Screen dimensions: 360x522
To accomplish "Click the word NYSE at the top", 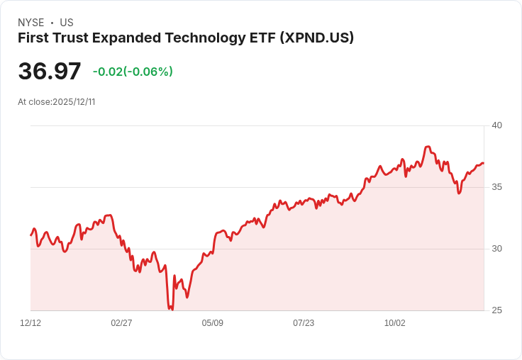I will (x=30, y=23).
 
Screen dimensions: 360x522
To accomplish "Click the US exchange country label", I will (x=67, y=23).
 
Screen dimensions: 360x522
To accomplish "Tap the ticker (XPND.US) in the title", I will (x=315, y=38).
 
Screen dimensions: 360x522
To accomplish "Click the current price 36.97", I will (x=50, y=72).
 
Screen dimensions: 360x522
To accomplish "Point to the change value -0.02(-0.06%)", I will (x=133, y=72).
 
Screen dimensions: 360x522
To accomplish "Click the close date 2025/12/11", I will (x=74, y=102).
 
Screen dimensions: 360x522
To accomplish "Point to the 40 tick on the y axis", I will (x=496, y=125).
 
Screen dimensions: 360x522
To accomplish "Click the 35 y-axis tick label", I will (x=496, y=187).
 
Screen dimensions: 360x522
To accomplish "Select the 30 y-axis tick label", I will (x=496, y=249).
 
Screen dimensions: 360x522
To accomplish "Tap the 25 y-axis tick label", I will (x=496, y=310).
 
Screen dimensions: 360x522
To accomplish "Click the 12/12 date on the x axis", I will (x=30, y=323).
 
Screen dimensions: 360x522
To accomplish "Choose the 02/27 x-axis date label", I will (x=121, y=323).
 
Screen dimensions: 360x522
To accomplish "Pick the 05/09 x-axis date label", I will (x=212, y=323).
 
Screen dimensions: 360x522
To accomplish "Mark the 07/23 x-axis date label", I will (x=304, y=323).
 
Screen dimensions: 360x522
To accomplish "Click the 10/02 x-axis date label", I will (x=394, y=323).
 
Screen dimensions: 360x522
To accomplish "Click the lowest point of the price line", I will (x=172, y=310).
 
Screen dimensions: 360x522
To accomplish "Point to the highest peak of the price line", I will (x=428, y=147).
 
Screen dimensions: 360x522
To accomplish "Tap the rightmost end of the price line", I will (x=484, y=164).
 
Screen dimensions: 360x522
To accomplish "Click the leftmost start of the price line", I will (x=30, y=235).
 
